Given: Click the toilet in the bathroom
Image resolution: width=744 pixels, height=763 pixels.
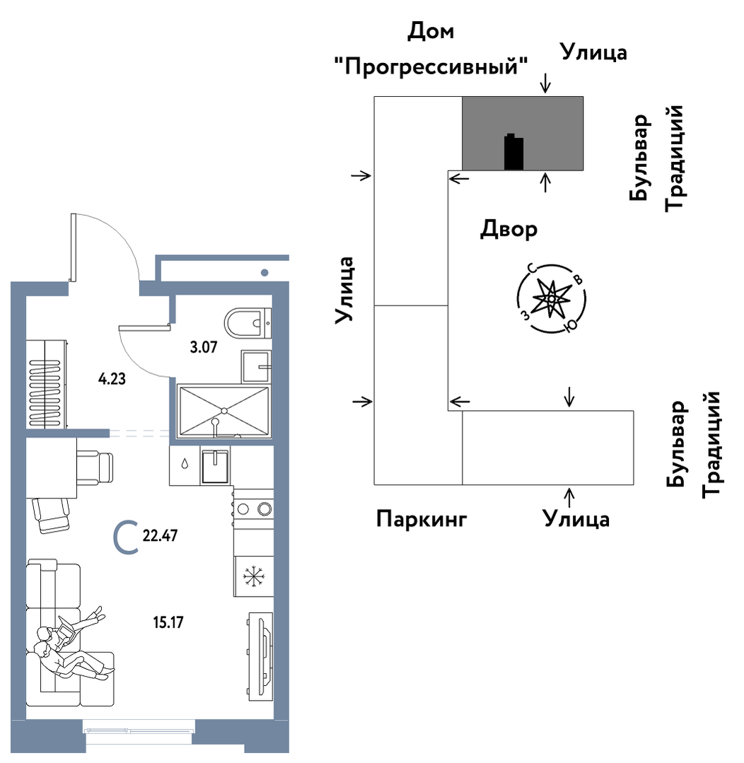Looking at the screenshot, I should click(x=247, y=323).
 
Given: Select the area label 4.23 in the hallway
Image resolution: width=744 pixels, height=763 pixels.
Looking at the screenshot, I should click(x=112, y=378).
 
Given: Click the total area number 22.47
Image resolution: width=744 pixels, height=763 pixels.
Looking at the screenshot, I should click(x=160, y=535).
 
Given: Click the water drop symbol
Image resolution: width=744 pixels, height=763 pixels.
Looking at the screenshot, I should click(x=184, y=465).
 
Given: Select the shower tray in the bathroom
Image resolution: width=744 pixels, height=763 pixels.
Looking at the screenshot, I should click(x=224, y=410).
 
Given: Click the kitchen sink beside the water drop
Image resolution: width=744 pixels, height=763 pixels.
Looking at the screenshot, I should click(x=215, y=467).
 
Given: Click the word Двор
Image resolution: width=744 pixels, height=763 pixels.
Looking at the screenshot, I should click(x=508, y=230).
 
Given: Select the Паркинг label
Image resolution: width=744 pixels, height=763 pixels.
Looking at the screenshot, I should click(x=422, y=520).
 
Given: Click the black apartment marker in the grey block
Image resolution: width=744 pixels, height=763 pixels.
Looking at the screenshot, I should click(x=513, y=153).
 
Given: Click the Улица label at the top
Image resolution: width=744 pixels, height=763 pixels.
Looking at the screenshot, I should click(x=593, y=52).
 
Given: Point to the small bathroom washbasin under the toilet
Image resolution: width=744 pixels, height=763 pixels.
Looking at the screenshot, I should click(x=256, y=366).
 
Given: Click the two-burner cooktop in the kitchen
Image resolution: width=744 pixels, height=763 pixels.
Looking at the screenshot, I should click(x=253, y=508).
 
